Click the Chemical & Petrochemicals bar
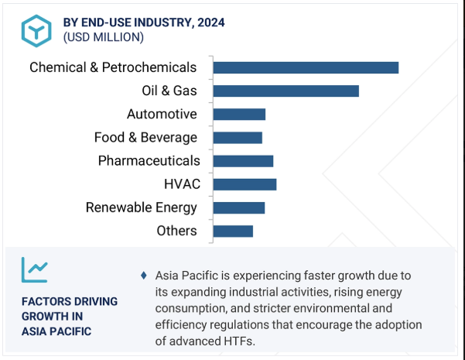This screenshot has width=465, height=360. point(306,68)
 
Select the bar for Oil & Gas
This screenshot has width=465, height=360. point(285,91)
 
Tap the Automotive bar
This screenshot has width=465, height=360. point(239,115)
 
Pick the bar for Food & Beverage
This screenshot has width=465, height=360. point(238,138)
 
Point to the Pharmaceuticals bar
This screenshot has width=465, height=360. point(243,161)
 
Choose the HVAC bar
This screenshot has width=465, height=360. point(244,184)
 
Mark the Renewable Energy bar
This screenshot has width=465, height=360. point(239,207)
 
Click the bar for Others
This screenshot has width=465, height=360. point(233,231)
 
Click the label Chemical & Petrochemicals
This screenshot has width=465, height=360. point(113,68)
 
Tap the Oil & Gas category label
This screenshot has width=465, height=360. point(169,91)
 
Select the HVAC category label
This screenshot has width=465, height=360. point(182,184)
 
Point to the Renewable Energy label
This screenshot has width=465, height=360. point(141,207)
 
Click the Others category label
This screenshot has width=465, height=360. point(176,231)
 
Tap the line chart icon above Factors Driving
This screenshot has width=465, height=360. point(35,269)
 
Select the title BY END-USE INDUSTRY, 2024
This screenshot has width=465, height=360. point(144,22)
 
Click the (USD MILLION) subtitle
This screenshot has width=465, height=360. point(103,37)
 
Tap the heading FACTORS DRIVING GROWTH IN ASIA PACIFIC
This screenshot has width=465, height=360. point(70,316)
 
